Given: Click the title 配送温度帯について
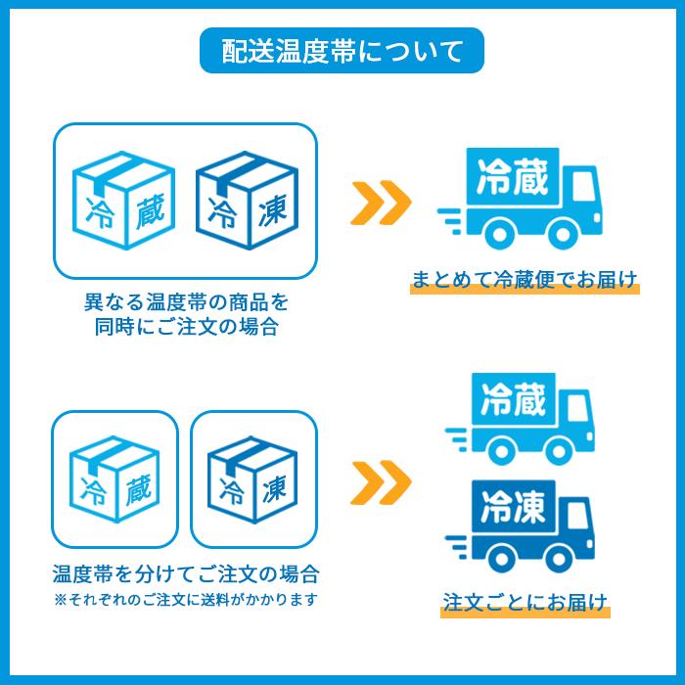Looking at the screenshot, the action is (342, 51).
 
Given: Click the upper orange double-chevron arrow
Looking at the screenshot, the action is (381, 203).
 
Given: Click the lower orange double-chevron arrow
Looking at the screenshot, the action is (381, 482).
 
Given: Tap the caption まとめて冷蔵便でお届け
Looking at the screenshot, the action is (525, 279).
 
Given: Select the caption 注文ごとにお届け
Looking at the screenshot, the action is (525, 602).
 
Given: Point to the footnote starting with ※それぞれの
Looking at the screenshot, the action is (186, 599).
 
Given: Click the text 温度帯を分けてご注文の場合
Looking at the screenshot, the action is (186, 573).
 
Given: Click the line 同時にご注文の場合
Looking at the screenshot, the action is (187, 326).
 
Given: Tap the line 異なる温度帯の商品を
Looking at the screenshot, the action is (187, 301).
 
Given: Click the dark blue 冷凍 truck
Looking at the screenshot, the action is (520, 526).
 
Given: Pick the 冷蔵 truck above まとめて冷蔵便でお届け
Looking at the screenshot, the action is (520, 199).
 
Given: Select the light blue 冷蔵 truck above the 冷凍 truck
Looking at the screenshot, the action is (520, 419).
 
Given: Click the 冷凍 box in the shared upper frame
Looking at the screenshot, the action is (248, 200).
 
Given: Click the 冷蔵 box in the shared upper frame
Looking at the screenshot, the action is (124, 200).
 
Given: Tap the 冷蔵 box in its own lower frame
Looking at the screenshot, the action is (114, 479).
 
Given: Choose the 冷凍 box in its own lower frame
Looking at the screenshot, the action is (252, 479).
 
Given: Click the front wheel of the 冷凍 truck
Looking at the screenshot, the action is (559, 559).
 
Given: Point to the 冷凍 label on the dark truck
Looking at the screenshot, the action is (513, 507).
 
